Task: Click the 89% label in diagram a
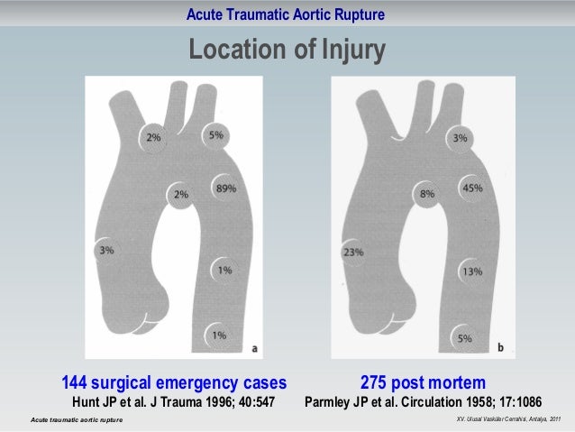click(x=225, y=188)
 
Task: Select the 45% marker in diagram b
click(x=471, y=188)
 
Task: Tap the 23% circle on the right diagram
click(x=352, y=253)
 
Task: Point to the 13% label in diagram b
click(x=470, y=270)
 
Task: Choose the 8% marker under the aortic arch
click(x=426, y=193)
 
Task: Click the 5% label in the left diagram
click(x=216, y=135)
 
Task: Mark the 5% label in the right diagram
click(x=464, y=338)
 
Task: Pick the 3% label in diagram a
click(x=106, y=250)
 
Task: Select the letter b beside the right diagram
click(x=500, y=346)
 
